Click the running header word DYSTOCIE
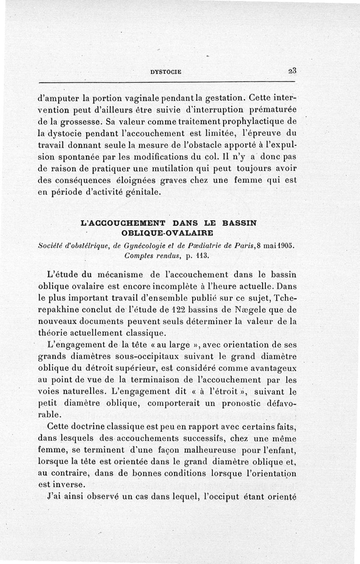(x=164, y=71)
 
